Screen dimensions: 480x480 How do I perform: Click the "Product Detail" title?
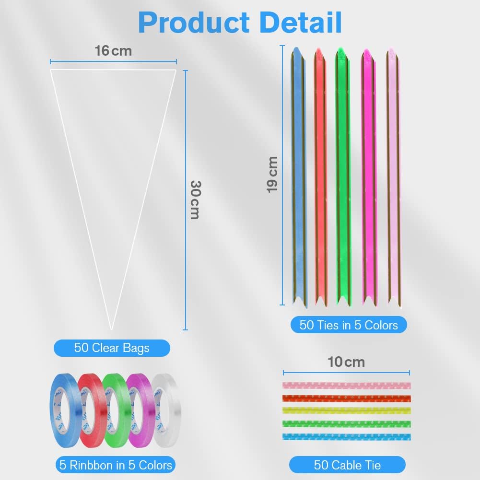[240, 22]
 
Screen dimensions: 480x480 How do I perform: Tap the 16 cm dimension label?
[113, 50]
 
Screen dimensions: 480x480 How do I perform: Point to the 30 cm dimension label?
[194, 199]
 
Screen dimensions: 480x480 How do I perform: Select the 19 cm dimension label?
[272, 174]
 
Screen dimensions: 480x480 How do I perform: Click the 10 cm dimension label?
[346, 362]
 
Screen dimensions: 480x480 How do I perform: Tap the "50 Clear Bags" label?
[112, 348]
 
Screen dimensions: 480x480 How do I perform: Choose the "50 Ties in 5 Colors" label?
[349, 325]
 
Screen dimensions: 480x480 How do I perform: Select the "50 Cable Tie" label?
[347, 465]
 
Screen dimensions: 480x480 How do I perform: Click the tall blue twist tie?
[298, 177]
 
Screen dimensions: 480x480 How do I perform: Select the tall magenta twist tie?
[368, 177]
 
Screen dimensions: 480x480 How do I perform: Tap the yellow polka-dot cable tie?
[346, 410]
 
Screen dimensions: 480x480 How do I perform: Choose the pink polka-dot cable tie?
[346, 385]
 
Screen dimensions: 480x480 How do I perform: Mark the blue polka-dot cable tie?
[346, 437]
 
